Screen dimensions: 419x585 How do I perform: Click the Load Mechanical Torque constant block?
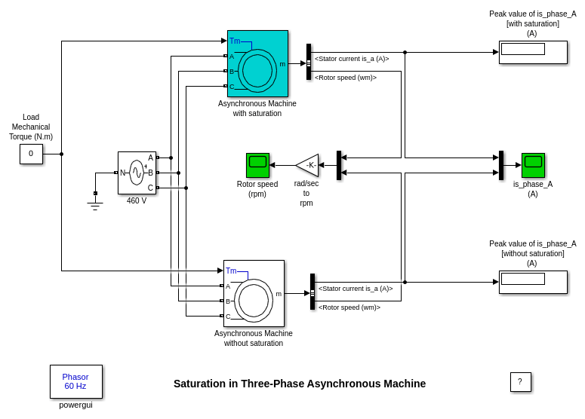click(31, 154)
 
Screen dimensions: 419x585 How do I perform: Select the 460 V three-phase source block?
click(137, 173)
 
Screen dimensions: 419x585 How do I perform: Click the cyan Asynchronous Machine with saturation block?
click(257, 63)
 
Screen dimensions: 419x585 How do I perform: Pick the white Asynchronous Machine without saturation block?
click(254, 293)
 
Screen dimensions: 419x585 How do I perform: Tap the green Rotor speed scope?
click(257, 165)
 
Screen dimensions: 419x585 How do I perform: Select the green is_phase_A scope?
click(533, 165)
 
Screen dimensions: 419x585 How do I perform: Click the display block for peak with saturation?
click(533, 52)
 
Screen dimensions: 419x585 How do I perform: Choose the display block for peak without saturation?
click(533, 282)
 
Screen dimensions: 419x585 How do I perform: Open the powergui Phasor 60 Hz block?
click(75, 381)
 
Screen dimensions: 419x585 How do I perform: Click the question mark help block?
click(520, 382)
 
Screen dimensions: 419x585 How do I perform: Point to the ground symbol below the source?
click(95, 204)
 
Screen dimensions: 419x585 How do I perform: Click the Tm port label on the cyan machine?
click(235, 41)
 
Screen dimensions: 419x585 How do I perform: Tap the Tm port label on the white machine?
click(231, 271)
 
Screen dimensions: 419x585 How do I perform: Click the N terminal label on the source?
click(123, 173)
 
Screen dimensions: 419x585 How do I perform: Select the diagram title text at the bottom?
click(300, 384)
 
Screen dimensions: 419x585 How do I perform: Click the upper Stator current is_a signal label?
click(352, 59)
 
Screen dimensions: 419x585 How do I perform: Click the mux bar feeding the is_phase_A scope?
click(501, 165)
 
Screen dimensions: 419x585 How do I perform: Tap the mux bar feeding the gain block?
click(339, 165)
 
